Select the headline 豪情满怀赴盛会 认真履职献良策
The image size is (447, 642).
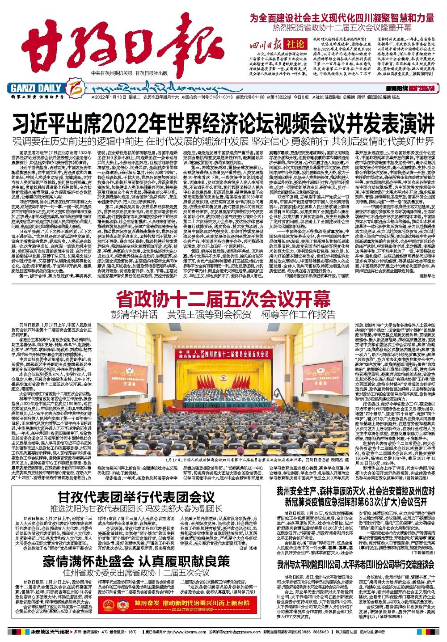click(x=136, y=561)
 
